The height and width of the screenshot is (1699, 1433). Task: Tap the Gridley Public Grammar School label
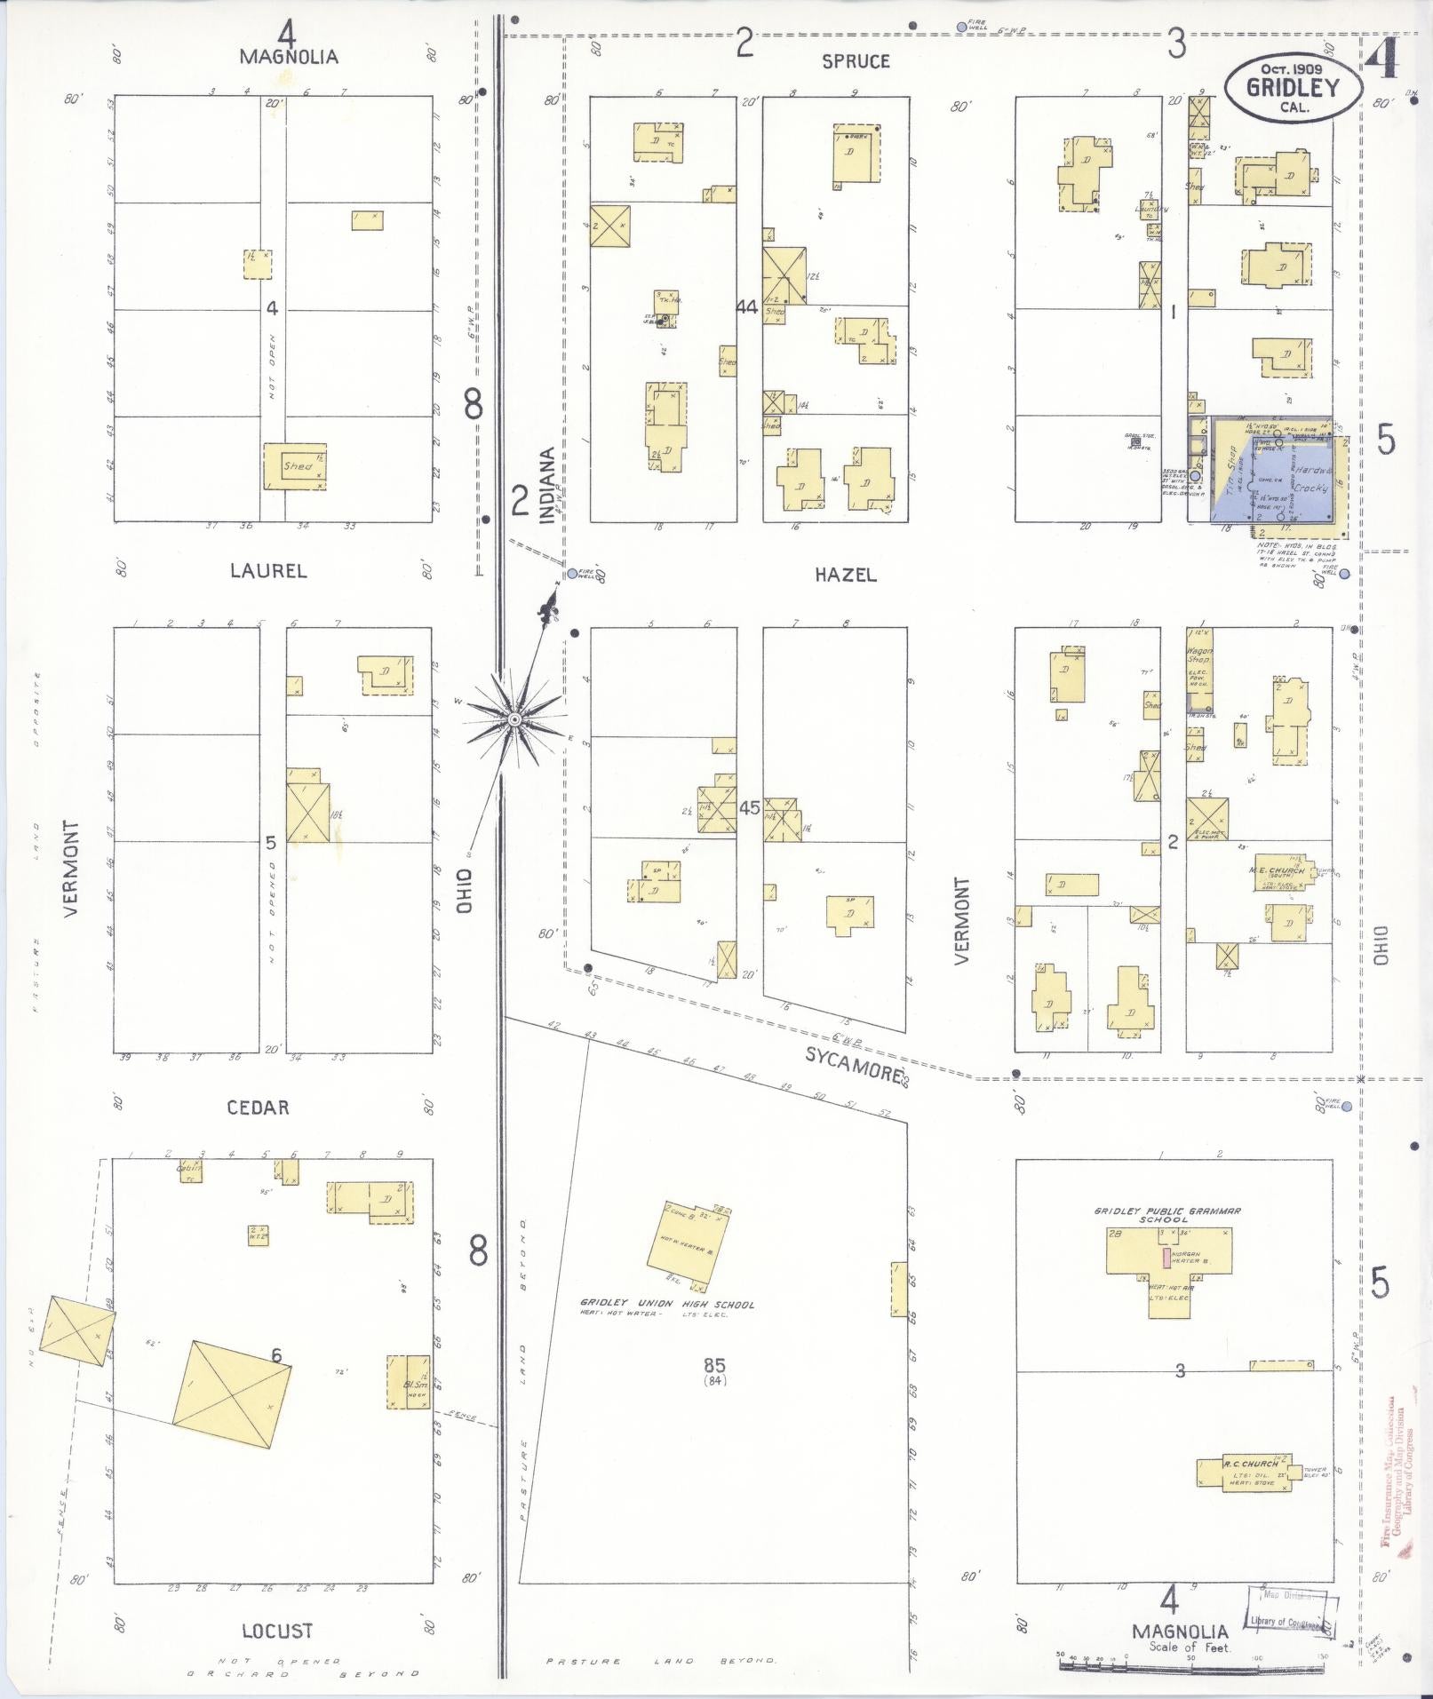tap(1166, 1214)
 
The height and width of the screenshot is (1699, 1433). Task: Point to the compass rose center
tap(514, 717)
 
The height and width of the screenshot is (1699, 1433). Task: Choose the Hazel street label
tap(845, 575)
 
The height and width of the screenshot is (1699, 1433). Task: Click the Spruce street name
tap(855, 61)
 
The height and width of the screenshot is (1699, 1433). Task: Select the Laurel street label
tap(268, 571)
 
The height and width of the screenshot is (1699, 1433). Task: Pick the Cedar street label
tap(258, 1108)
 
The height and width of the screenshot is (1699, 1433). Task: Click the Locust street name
tap(277, 1631)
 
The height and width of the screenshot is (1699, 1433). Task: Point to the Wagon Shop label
tap(1200, 656)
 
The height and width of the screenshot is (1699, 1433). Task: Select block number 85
tap(714, 1365)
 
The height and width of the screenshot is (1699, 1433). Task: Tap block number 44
tap(747, 306)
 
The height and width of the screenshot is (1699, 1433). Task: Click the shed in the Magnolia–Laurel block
tap(296, 466)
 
